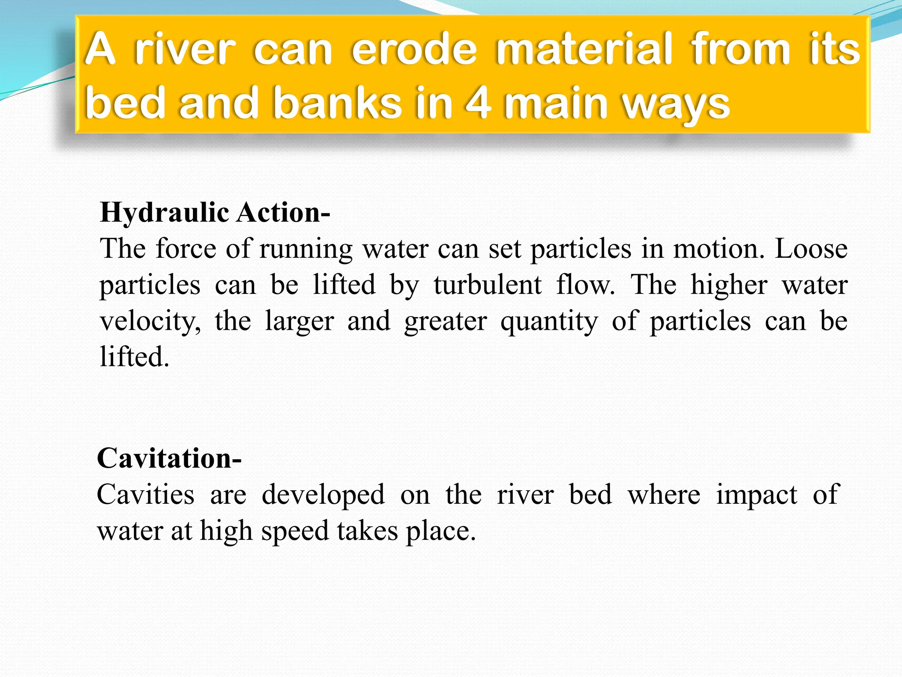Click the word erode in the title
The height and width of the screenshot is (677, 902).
click(x=414, y=50)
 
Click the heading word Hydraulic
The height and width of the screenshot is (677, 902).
click(x=164, y=213)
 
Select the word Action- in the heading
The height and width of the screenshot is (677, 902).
click(x=283, y=213)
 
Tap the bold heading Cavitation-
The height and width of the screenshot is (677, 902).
click(x=169, y=459)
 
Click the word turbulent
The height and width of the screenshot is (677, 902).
click(x=488, y=285)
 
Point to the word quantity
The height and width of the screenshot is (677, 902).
click(x=549, y=322)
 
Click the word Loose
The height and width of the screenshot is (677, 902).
click(x=811, y=249)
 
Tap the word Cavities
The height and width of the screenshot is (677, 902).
click(x=145, y=495)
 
